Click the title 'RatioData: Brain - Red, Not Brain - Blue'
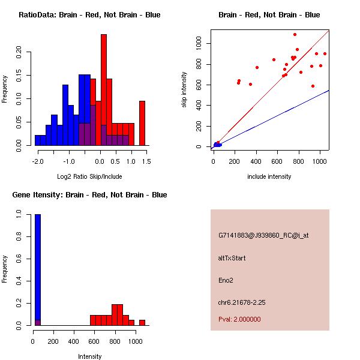click(89, 14)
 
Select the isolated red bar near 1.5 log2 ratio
click(142, 123)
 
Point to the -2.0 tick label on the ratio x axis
click(38, 161)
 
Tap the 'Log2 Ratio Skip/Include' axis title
click(89, 176)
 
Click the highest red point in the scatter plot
click(295, 34)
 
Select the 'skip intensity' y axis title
click(184, 89)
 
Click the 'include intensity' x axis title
click(269, 176)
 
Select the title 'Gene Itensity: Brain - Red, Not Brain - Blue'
click(89, 194)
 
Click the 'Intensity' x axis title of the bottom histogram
click(89, 356)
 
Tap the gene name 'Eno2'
click(226, 280)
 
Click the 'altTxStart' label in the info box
click(232, 258)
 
